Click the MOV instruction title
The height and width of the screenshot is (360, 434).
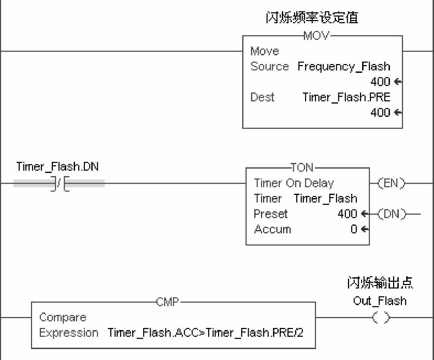(x=316, y=36)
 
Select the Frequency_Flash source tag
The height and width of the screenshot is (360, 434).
(x=344, y=66)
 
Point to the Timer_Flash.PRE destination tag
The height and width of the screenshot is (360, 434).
(x=346, y=97)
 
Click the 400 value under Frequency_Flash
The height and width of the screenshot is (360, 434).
(x=380, y=82)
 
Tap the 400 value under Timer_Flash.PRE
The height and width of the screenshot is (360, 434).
(x=380, y=112)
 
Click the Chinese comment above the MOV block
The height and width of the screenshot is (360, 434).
(x=312, y=18)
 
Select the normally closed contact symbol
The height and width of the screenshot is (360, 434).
(x=60, y=183)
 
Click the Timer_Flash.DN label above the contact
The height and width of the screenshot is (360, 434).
(x=57, y=166)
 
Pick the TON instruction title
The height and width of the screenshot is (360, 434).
(x=302, y=168)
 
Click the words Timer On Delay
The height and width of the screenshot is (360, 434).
(x=294, y=183)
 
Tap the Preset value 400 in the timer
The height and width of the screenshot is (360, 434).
(x=347, y=214)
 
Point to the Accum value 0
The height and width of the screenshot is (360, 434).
(x=354, y=229)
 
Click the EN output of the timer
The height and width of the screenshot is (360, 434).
(x=391, y=183)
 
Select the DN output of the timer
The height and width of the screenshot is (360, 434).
(x=391, y=214)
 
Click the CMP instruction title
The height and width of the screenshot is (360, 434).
(x=168, y=302)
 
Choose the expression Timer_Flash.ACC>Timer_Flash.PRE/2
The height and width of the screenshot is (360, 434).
(x=205, y=333)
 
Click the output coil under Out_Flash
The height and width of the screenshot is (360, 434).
(x=381, y=318)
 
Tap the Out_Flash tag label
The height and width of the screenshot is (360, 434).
(x=380, y=301)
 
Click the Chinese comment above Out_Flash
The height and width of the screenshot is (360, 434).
(x=380, y=283)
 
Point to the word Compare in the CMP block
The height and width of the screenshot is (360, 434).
(x=63, y=317)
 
